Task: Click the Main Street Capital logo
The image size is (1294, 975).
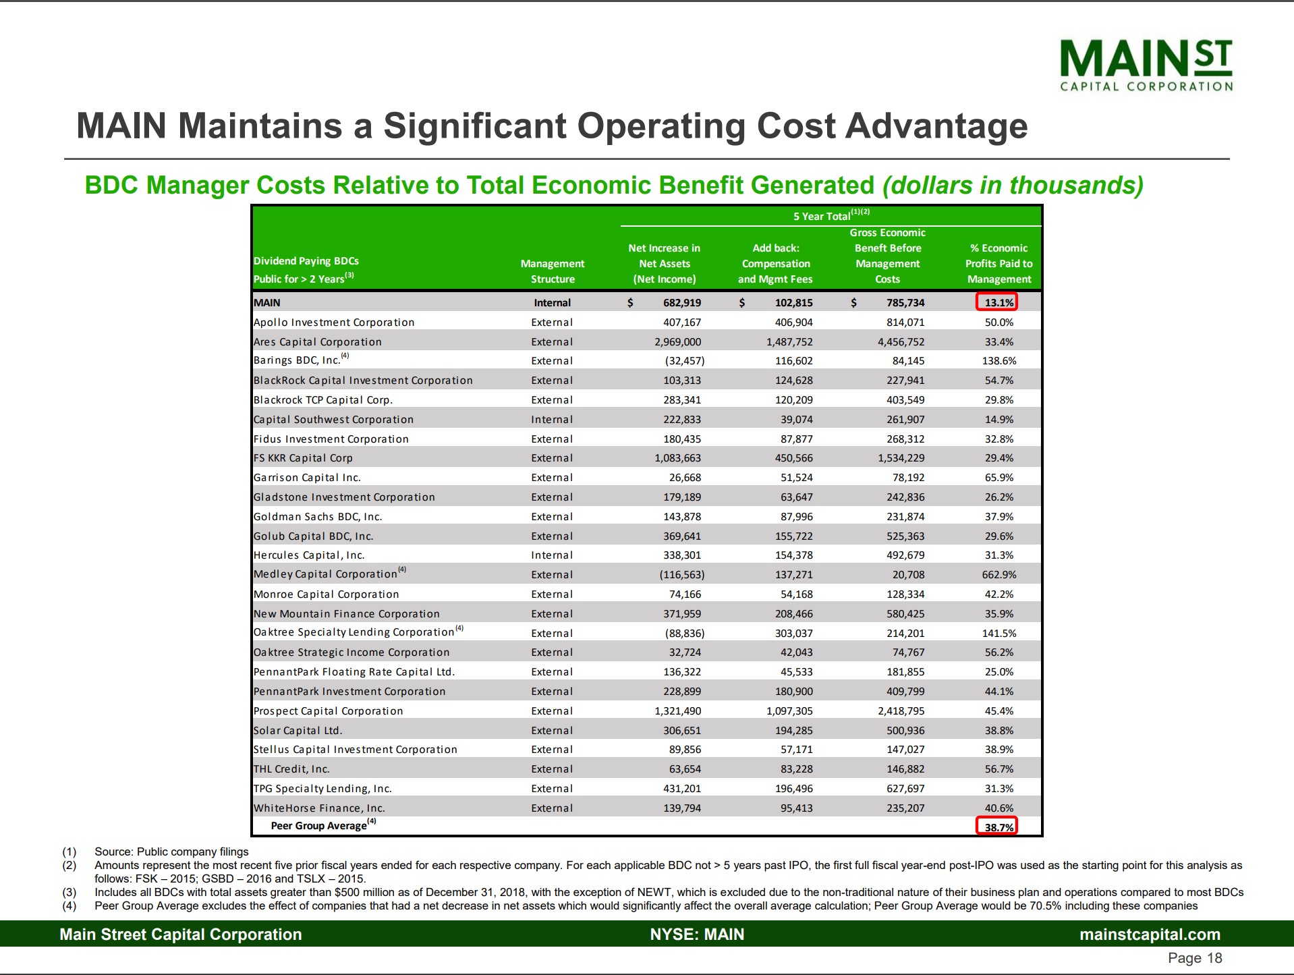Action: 1146,65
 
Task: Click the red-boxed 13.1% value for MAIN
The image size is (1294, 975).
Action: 996,302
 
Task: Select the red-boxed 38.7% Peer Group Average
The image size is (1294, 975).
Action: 996,827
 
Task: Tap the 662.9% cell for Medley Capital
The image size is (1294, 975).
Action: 998,575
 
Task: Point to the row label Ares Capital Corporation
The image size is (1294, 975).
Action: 317,342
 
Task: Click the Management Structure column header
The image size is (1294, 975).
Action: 553,271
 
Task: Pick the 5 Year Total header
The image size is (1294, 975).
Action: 831,216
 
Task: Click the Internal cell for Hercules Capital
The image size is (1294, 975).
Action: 552,555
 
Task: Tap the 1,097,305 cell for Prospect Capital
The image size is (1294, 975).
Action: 789,711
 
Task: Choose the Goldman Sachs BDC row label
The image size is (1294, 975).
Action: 318,517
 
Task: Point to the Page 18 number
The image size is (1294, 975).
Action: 1194,958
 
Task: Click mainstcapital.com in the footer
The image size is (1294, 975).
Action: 1150,935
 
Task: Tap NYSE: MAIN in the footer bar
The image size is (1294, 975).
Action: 697,935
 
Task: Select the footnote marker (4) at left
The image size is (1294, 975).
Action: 69,906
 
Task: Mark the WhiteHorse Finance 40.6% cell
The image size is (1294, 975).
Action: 998,808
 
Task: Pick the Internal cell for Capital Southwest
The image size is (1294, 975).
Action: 552,420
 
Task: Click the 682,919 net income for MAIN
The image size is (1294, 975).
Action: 681,303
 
